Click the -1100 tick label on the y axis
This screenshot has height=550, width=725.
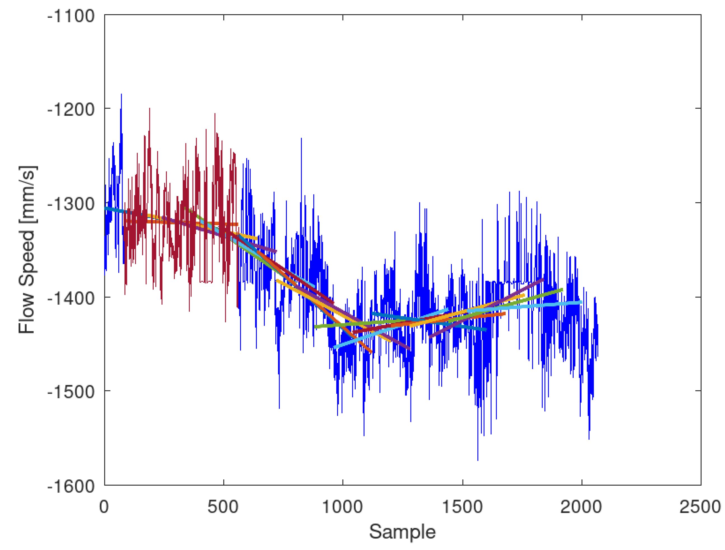71,16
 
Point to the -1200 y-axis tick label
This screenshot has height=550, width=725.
71,109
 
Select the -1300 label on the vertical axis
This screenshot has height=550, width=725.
71,204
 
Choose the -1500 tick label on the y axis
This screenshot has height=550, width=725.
71,391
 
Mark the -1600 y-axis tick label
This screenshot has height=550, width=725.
71,486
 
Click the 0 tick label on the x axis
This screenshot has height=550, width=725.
104,507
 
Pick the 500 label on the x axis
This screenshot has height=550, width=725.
223,507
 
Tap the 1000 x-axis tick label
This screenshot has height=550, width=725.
342,507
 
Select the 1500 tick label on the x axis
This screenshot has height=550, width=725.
463,507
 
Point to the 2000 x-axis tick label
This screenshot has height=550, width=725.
581,507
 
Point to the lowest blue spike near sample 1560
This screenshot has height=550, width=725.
478,459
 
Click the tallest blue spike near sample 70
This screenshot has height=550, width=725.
121,95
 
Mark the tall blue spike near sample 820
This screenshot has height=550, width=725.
301,139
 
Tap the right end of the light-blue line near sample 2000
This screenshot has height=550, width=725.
581,302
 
